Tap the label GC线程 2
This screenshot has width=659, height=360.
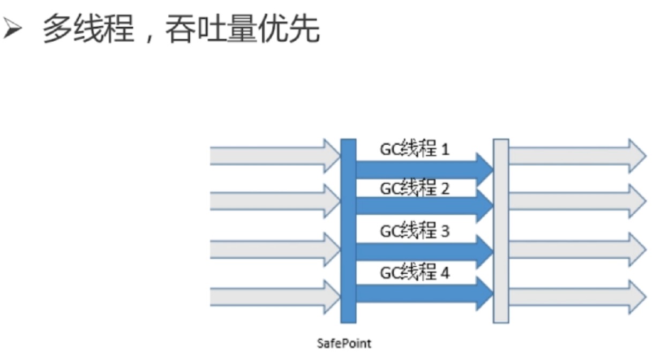415,189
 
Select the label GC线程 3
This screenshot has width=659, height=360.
415,231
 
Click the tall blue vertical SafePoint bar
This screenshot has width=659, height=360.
348,230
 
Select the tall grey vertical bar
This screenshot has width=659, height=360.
501,230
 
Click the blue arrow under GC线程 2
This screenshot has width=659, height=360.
423,205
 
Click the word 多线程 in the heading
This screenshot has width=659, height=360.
88,30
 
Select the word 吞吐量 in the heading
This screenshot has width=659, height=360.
211,30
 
